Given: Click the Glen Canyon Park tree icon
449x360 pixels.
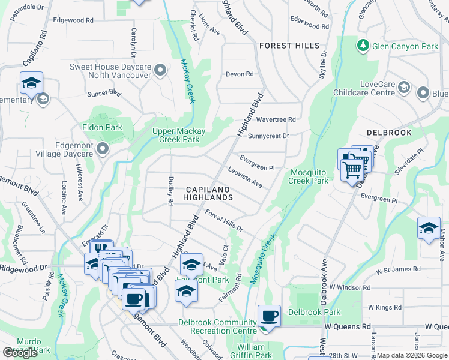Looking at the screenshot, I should (363, 46).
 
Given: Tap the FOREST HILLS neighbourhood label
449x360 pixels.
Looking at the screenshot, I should (289, 46).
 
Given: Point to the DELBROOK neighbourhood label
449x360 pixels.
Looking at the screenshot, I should (389, 132).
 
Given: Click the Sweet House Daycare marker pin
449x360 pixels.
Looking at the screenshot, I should (160, 71).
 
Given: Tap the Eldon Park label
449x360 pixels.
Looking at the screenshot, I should (102, 127).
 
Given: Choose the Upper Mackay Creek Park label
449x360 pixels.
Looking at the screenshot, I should (179, 135).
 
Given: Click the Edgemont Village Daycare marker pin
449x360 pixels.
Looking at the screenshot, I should (103, 149).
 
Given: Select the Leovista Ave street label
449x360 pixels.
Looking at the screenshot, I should (245, 177).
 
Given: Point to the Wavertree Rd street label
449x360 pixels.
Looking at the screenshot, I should (276, 119).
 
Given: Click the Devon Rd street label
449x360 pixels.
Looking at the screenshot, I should (240, 74).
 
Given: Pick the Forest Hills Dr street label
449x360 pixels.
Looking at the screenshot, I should (224, 221).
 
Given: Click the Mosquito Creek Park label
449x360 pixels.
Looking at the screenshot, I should (309, 176).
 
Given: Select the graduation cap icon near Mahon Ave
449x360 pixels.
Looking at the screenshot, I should (429, 228).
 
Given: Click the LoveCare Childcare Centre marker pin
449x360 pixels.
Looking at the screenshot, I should (404, 89).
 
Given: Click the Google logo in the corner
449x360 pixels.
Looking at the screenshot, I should (20, 353).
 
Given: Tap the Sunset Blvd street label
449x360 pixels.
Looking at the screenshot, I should (104, 93).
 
